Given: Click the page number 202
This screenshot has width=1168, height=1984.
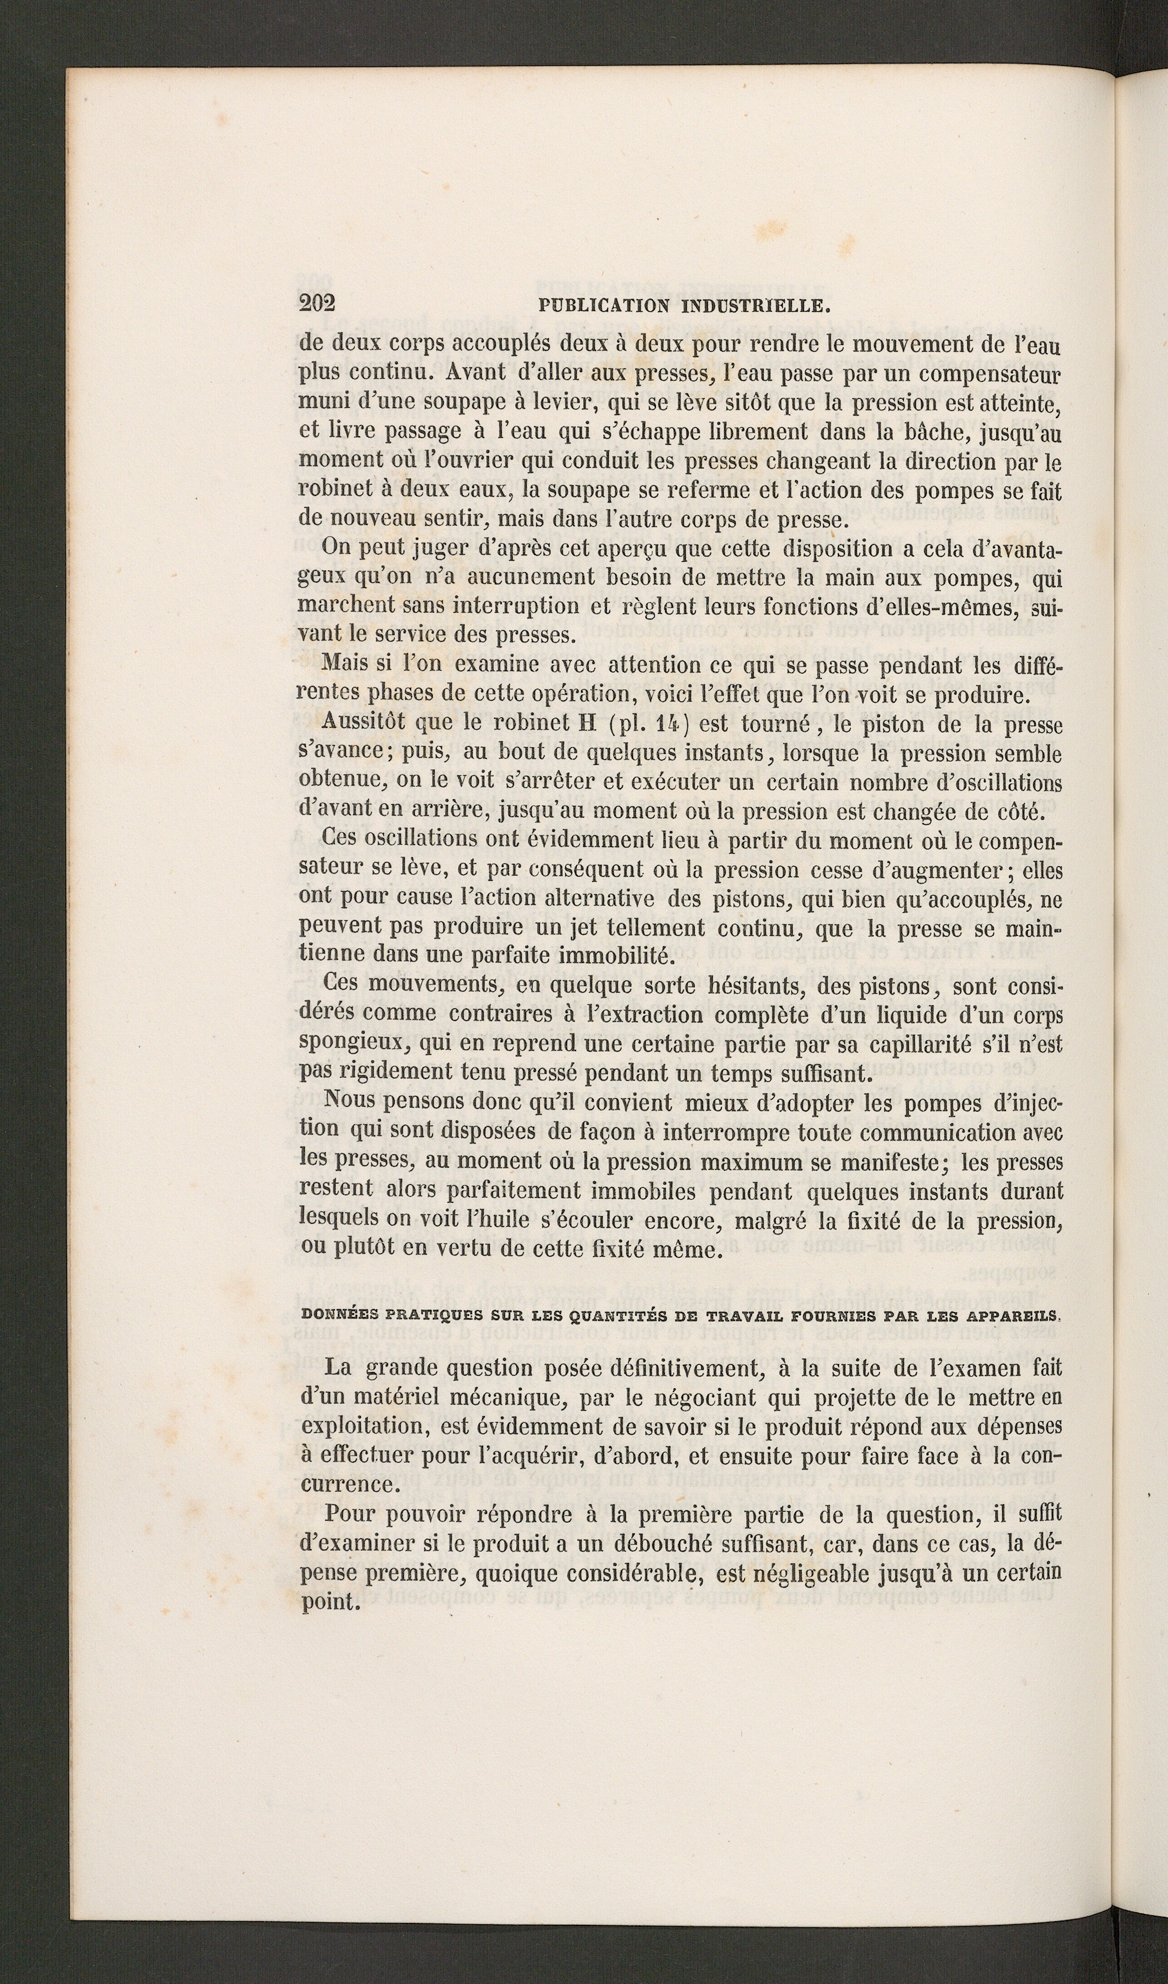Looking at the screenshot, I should pyautogui.click(x=317, y=304).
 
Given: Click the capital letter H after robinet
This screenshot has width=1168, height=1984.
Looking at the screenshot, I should pyautogui.click(x=589, y=724).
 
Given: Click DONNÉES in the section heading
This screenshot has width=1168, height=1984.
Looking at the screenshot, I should pyautogui.click(x=336, y=1314).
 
